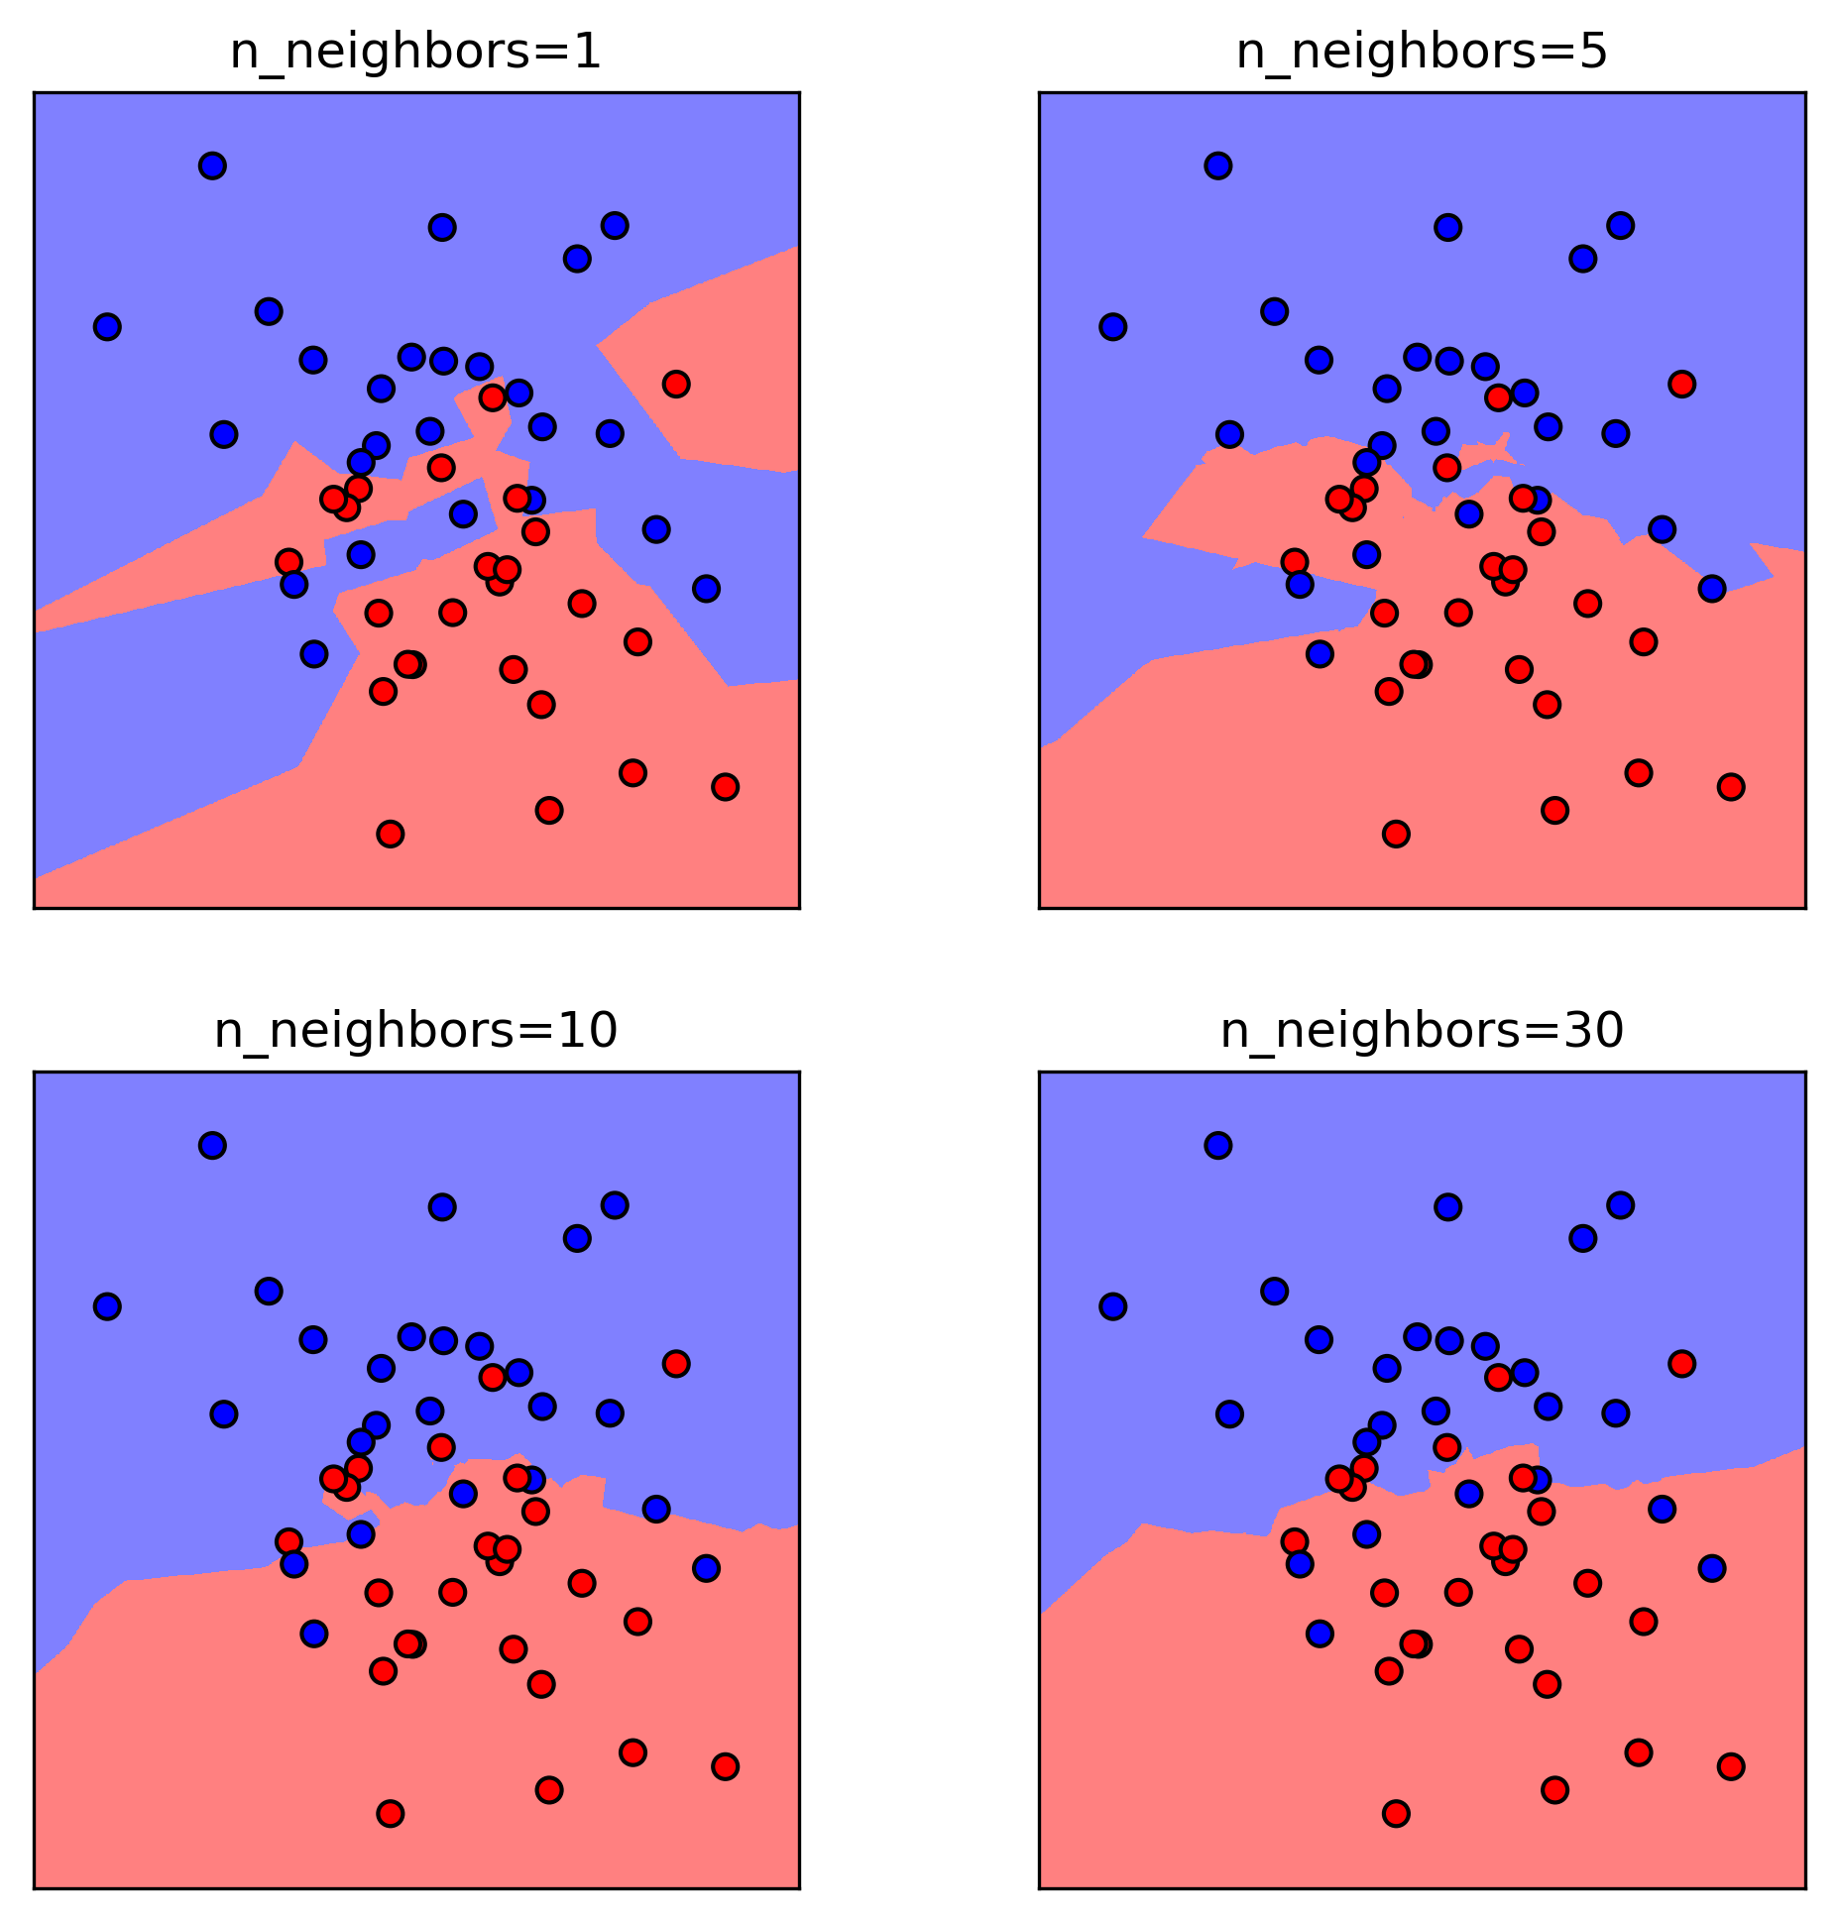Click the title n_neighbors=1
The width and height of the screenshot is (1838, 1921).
(x=415, y=53)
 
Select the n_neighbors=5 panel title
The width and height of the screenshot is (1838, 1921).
(x=1422, y=53)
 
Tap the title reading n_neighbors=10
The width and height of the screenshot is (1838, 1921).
(x=415, y=1032)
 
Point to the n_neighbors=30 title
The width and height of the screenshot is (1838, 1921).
(x=1422, y=1032)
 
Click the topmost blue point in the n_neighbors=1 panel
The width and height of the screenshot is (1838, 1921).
(x=212, y=166)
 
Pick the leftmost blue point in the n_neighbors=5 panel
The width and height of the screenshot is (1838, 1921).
(x=1113, y=326)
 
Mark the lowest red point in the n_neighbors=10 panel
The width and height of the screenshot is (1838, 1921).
(x=391, y=1814)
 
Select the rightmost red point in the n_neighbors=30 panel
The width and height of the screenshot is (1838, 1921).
(x=1731, y=1766)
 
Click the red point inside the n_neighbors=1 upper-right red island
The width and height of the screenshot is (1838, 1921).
(x=676, y=384)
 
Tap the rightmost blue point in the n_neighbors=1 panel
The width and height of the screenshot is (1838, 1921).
(x=706, y=589)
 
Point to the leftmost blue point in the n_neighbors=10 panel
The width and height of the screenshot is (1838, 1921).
(x=107, y=1306)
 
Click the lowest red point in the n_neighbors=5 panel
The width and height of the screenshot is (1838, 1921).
(x=1396, y=835)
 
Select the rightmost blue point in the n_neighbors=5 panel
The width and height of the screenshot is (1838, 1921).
(x=1712, y=589)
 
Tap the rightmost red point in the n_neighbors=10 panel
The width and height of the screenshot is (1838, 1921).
(x=726, y=1766)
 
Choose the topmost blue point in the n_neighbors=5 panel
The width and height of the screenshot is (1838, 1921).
(x=1218, y=166)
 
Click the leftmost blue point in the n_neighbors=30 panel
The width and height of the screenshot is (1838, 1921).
(x=1113, y=1306)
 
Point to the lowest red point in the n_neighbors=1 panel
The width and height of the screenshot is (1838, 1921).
(x=391, y=835)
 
